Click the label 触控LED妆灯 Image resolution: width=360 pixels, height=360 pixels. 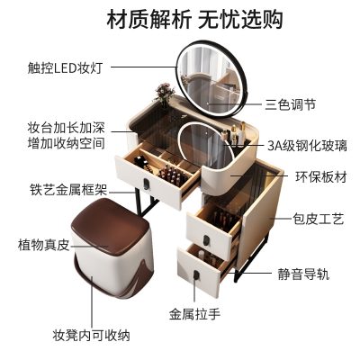[65, 67]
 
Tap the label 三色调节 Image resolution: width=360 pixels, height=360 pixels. [291, 105]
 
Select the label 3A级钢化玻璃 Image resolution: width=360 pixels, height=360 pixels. [307, 146]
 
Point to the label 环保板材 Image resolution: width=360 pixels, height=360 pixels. [321, 177]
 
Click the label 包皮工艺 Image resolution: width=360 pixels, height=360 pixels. [319, 219]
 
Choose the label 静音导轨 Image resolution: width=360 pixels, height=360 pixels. [303, 274]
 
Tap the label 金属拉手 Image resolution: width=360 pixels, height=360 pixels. [194, 314]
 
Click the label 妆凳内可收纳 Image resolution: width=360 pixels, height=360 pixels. [91, 335]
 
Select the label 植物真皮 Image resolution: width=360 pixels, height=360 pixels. [44, 245]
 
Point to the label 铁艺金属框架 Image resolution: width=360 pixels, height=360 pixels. [68, 190]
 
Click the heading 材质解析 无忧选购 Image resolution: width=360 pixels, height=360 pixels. [195, 19]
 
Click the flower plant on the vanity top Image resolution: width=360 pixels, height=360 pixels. [164, 94]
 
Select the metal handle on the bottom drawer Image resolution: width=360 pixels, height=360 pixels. [196, 275]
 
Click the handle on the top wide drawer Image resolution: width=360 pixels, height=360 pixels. [146, 184]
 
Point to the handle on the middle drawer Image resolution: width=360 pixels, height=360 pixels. [206, 240]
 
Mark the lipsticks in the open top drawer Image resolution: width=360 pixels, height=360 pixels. [172, 175]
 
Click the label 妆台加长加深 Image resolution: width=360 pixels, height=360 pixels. [67, 128]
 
